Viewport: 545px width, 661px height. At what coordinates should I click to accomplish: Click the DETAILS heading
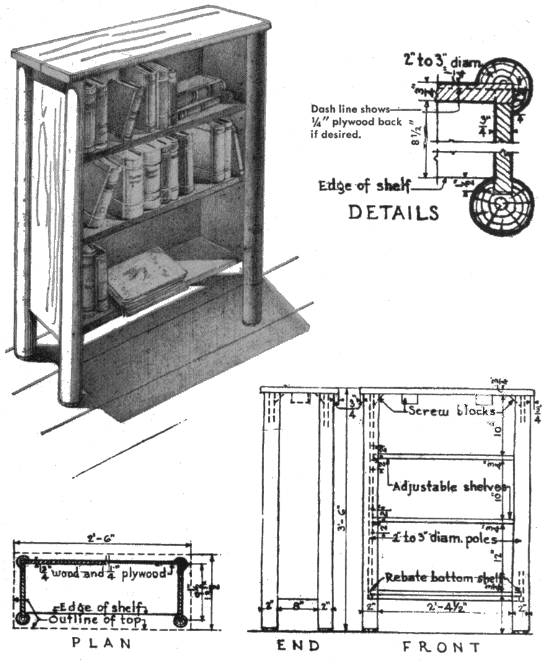(x=393, y=212)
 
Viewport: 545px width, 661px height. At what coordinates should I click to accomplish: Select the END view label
(x=298, y=646)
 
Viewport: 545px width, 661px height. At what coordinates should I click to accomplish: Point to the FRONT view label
(x=441, y=647)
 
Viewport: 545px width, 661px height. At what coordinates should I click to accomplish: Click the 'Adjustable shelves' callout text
(x=451, y=486)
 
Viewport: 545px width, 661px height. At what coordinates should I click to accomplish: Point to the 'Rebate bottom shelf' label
(x=443, y=577)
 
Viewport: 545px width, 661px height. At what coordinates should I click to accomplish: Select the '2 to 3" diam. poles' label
(x=445, y=538)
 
